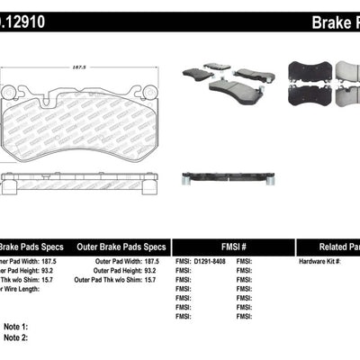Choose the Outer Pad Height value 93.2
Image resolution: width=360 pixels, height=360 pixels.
coord(160,271)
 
